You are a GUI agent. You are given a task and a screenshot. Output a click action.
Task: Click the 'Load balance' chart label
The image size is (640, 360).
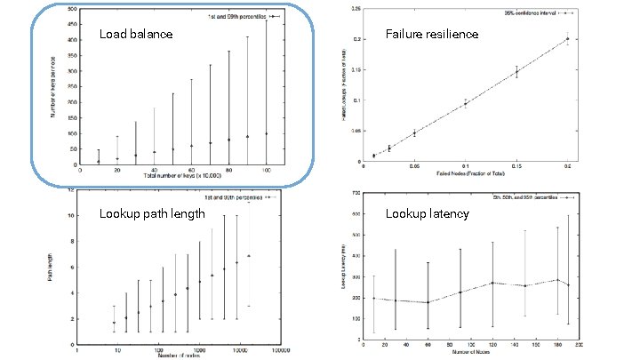coord(136,35)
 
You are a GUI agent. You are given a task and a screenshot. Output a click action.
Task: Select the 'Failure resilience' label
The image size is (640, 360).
coord(431,35)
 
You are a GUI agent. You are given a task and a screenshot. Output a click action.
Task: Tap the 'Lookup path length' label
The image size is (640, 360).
coord(152,214)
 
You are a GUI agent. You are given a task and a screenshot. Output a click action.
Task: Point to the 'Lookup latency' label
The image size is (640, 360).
coord(426,214)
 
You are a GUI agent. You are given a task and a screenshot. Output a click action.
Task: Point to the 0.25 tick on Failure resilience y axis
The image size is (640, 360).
coord(354,9)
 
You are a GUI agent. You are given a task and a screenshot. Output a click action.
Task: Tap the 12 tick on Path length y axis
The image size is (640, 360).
coord(71,189)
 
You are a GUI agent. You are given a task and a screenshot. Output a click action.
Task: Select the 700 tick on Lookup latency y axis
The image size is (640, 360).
coord(355,192)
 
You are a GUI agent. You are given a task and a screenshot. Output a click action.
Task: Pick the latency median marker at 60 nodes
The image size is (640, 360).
coord(427,302)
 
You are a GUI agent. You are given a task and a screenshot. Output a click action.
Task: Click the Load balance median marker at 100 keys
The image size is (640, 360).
coord(266,133)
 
